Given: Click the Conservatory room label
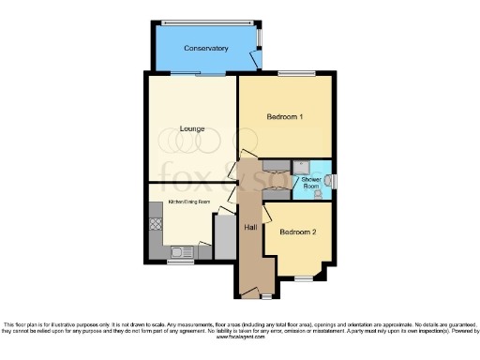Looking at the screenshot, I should pyautogui.click(x=206, y=48).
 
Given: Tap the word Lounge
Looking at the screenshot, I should pyautogui.click(x=193, y=128).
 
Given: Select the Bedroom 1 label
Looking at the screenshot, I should pyautogui.click(x=285, y=117).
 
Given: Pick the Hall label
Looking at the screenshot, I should pyautogui.click(x=250, y=228).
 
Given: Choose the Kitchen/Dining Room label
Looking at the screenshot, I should pyautogui.click(x=188, y=202).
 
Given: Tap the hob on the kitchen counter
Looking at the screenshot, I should pyautogui.click(x=156, y=226).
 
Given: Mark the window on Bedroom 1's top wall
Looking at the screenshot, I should pyautogui.click(x=296, y=73).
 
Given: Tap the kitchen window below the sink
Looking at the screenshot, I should pyautogui.click(x=180, y=262).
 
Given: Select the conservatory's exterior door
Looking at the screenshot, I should pyautogui.click(x=256, y=61).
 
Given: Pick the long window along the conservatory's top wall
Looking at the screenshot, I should pyautogui.click(x=206, y=22).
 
